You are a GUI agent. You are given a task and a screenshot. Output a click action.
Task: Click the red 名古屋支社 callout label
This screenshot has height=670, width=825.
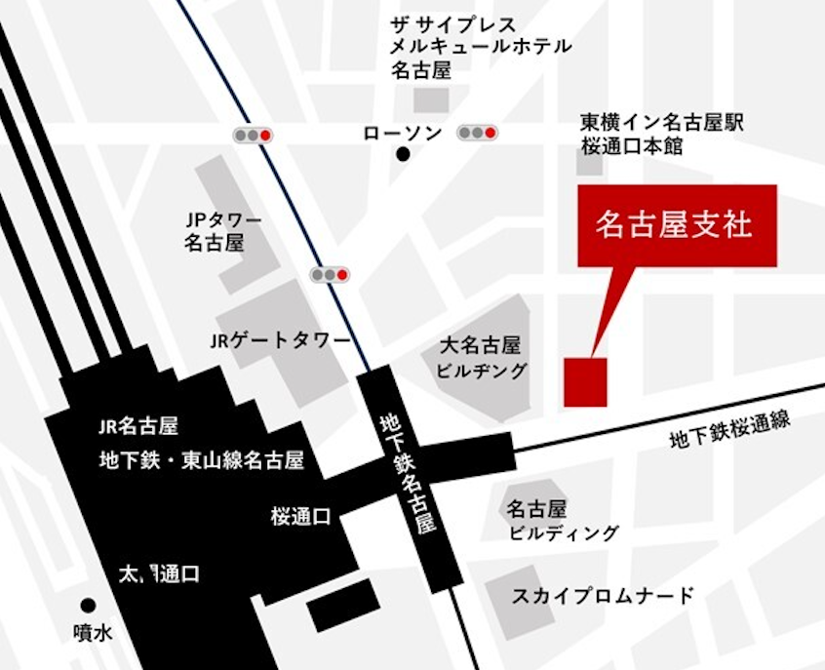click(676, 225)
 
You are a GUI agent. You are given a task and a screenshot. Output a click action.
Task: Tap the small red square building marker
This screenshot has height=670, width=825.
click(585, 381)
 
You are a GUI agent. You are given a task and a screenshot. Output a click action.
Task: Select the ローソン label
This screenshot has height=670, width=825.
click(402, 134)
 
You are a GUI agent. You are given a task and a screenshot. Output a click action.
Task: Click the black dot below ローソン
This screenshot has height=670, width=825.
click(403, 154)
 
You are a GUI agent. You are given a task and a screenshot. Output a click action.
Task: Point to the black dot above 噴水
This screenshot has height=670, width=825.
click(89, 606)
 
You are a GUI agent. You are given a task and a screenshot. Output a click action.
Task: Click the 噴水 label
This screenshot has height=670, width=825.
click(94, 632)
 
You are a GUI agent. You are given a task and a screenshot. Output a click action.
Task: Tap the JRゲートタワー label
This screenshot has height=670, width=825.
click(280, 341)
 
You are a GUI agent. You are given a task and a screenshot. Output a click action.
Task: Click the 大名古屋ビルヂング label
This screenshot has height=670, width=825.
click(483, 357)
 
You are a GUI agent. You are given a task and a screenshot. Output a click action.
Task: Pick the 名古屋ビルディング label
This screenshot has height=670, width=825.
click(563, 521)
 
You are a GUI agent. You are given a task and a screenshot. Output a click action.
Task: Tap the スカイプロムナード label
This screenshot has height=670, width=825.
click(603, 595)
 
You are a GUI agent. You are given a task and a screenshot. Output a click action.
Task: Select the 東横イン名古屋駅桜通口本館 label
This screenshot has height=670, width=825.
click(662, 135)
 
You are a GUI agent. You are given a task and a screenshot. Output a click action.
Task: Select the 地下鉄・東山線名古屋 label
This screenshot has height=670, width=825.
click(202, 458)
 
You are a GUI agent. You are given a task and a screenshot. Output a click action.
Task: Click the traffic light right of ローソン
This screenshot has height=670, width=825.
click(478, 133)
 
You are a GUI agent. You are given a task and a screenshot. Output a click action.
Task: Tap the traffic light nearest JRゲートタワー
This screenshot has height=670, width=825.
click(331, 275)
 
